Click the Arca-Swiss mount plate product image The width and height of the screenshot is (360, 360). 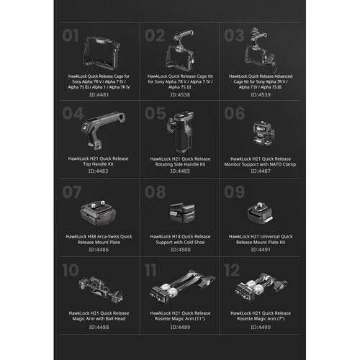pyautogui.click(x=100, y=212)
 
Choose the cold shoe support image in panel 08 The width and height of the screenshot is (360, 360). pyautogui.click(x=180, y=212)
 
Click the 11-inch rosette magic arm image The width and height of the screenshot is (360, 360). pyautogui.click(x=180, y=292)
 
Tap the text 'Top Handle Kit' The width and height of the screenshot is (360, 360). pyautogui.click(x=99, y=163)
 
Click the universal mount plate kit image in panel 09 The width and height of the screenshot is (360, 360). pyautogui.click(x=260, y=212)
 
